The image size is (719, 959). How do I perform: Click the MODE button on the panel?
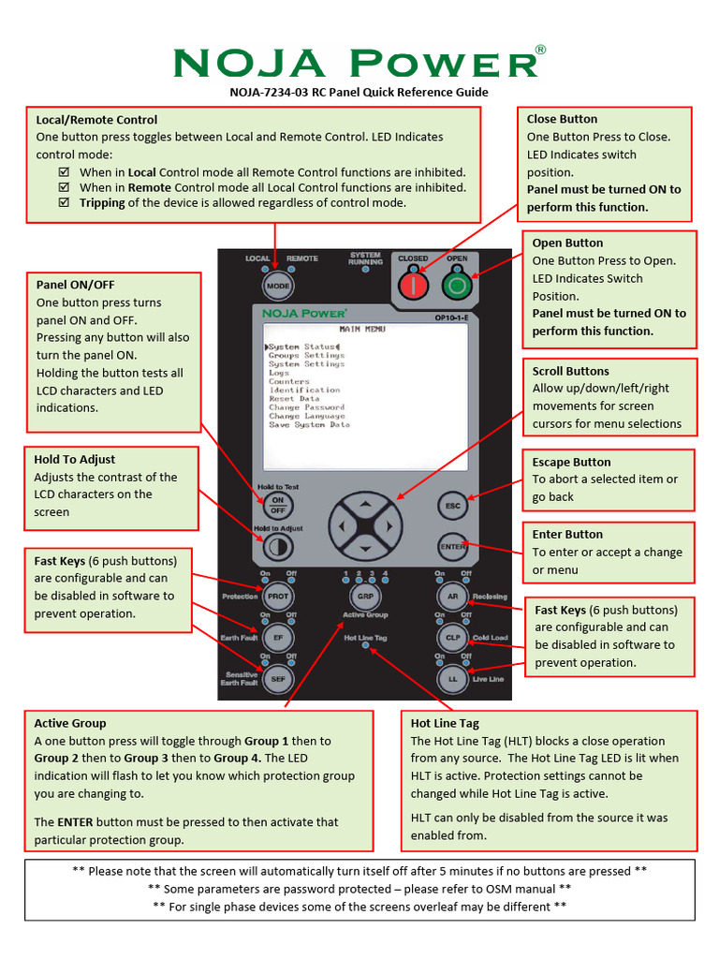(x=277, y=286)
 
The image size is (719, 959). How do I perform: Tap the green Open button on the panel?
(x=457, y=284)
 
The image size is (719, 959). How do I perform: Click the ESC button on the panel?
(x=453, y=507)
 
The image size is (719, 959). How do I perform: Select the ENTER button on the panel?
(x=453, y=546)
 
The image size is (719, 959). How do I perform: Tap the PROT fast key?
(x=277, y=596)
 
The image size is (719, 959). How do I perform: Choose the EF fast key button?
(x=277, y=637)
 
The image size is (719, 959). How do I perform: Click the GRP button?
(x=364, y=596)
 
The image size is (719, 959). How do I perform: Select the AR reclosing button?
(x=452, y=596)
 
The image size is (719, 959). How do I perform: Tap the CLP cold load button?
(x=452, y=637)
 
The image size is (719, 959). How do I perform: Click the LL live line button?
(x=452, y=678)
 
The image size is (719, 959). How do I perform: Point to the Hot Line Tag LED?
(x=365, y=647)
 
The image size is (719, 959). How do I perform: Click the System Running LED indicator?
(x=365, y=270)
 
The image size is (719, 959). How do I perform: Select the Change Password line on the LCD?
(x=307, y=407)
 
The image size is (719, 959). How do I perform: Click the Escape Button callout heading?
(x=571, y=462)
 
